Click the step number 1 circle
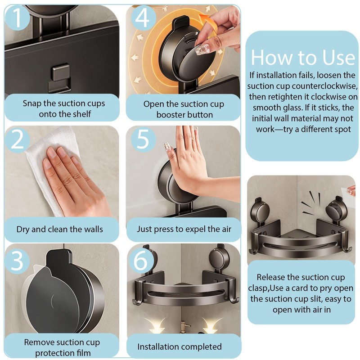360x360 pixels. (17, 18)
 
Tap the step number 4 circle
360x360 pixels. (143, 18)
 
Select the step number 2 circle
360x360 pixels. (17, 139)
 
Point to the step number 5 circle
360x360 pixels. (143, 139)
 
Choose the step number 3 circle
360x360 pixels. (17, 261)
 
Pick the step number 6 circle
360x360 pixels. (141, 261)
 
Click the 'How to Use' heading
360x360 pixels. (303, 58)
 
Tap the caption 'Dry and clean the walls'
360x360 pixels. (60, 229)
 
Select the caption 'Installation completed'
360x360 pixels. (180, 346)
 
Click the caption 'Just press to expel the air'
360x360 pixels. (184, 229)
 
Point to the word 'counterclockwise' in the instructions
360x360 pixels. (324, 86)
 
